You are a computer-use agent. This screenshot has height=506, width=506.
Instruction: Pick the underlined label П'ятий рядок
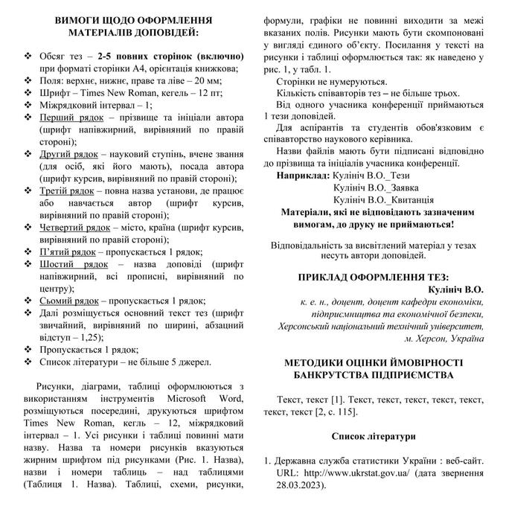pos(65,252)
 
